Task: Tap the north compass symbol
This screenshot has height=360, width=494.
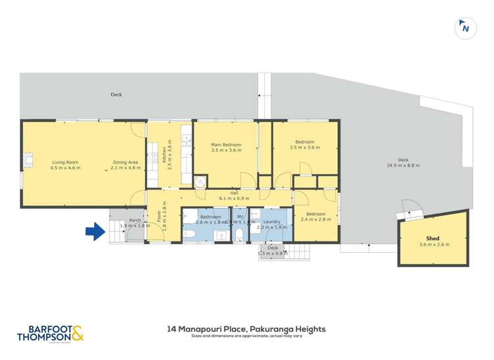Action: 465,28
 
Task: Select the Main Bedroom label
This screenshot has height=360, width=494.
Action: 226,144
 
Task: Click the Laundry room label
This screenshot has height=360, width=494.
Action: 272,222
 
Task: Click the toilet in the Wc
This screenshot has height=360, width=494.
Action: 238,235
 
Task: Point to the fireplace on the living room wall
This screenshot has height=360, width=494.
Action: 26,158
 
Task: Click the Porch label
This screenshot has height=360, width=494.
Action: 135,220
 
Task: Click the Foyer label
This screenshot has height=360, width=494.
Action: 159,215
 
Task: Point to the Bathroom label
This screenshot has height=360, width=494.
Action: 211,217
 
